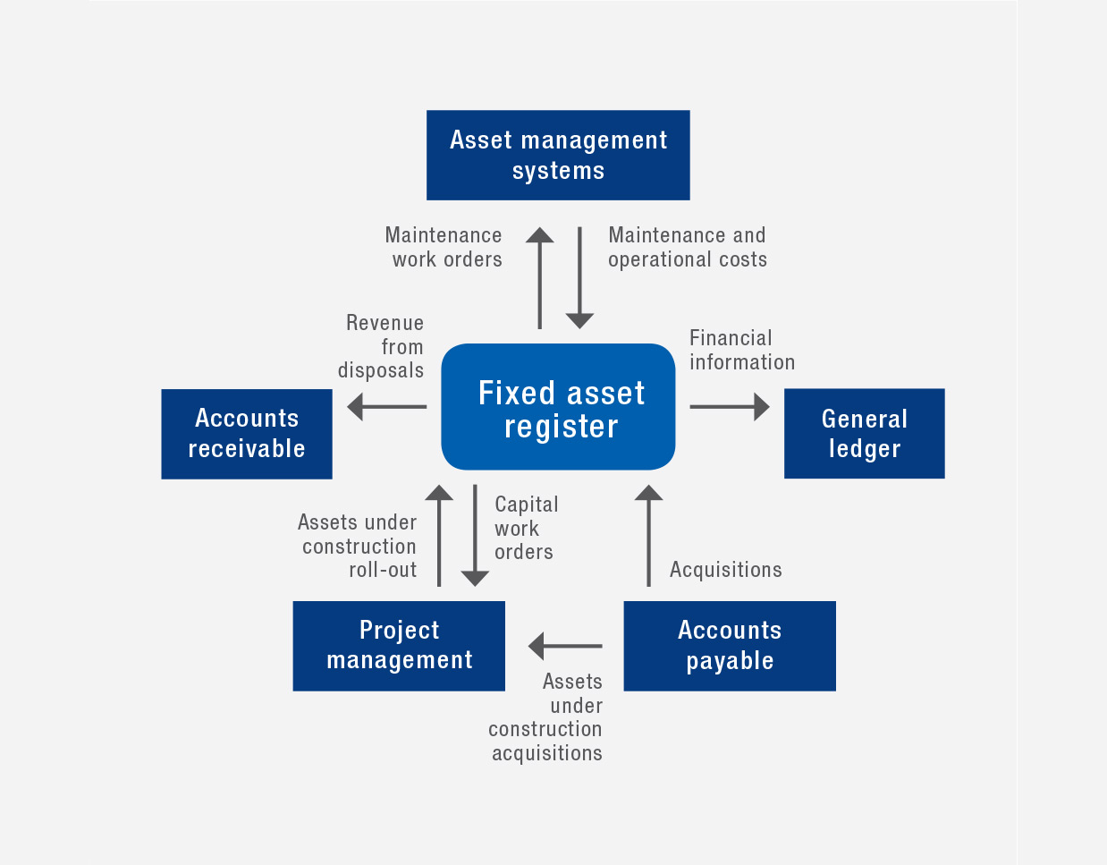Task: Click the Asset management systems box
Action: tap(558, 155)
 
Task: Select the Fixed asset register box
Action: tap(558, 407)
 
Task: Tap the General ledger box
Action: tap(864, 434)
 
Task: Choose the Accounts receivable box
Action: tap(247, 434)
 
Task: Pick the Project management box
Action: tap(399, 646)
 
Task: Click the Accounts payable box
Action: tap(730, 646)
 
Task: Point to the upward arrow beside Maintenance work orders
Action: tap(539, 277)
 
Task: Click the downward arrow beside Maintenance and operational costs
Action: tap(579, 277)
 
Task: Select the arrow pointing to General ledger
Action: tap(729, 407)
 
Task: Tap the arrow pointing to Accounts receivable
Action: tap(386, 407)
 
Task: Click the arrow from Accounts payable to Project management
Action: tap(565, 646)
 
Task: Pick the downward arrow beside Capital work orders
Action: tap(475, 535)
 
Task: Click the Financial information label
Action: tap(741, 350)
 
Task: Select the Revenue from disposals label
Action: tap(383, 346)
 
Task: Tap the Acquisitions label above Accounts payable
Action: tap(725, 570)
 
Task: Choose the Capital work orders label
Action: tap(526, 528)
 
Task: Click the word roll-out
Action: tap(383, 570)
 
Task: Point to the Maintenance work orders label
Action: tap(444, 247)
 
